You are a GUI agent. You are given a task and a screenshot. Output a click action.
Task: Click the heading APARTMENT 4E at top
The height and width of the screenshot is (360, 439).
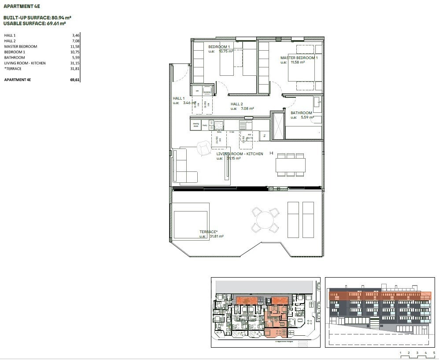tap(22, 7)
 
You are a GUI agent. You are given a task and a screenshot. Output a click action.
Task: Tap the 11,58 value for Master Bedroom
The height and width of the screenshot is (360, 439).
tap(75, 46)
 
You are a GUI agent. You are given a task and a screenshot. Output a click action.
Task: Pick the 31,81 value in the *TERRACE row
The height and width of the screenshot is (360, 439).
tap(75, 69)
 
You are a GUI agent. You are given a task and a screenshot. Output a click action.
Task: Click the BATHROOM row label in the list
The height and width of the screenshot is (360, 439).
tap(15, 58)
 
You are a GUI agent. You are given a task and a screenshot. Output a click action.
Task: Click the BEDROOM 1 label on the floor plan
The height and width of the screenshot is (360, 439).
tap(219, 47)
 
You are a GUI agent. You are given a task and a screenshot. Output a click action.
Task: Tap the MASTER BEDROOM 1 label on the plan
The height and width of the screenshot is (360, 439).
tap(299, 58)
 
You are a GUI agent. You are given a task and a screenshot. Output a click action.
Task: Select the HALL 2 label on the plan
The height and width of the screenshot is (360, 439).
tap(237, 104)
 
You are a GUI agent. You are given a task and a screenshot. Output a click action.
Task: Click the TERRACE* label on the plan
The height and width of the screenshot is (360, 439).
tap(208, 232)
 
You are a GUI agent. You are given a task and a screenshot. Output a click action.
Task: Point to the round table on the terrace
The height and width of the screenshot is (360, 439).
tap(265, 220)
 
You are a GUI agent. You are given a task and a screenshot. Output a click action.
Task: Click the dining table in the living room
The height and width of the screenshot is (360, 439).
tap(291, 165)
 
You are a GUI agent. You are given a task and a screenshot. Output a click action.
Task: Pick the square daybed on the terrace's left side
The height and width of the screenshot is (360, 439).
tap(191, 225)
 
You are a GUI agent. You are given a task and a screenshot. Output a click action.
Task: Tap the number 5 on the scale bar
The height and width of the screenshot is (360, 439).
tap(434, 353)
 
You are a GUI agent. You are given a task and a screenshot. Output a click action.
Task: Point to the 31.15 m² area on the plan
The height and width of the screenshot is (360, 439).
tap(233, 159)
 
